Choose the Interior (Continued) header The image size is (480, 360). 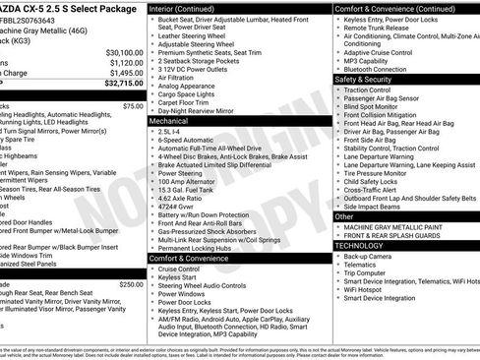pyautogui.click(x=188, y=8)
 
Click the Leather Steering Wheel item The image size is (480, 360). pyautogui.click(x=198, y=36)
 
